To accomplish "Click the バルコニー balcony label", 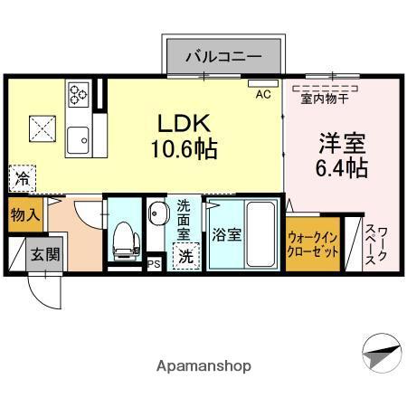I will pyautogui.click(x=223, y=56).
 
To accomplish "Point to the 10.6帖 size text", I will pyautogui.click(x=188, y=148).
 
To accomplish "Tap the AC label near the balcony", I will pyautogui.click(x=263, y=93).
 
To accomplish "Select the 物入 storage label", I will pyautogui.click(x=24, y=214).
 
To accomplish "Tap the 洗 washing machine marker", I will pyautogui.click(x=185, y=255).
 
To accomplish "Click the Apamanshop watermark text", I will pyautogui.click(x=203, y=366).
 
